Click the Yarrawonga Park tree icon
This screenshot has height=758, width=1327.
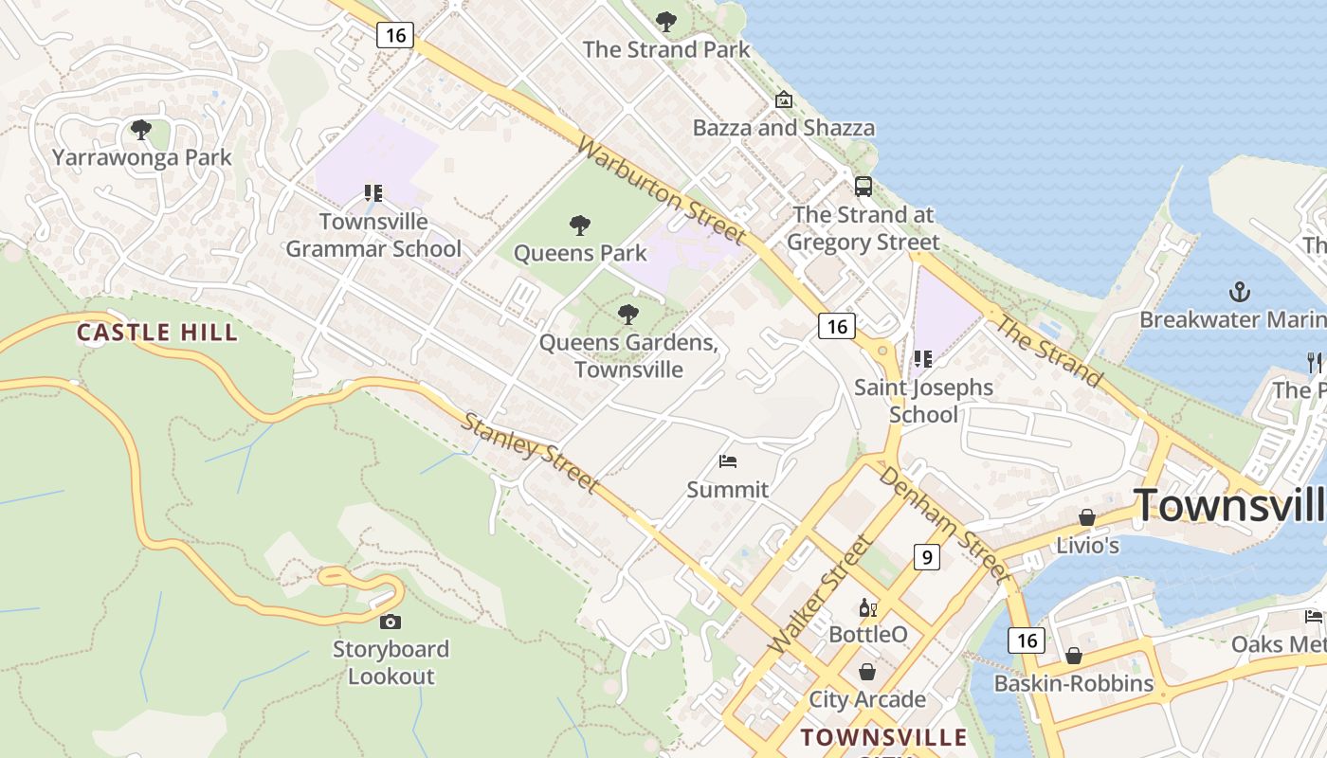[x=141, y=130]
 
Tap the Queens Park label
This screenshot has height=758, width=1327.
[x=580, y=253]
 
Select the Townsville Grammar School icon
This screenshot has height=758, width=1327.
[x=373, y=193]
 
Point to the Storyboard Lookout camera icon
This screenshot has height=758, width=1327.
[x=390, y=622]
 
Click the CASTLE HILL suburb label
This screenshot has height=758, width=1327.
[x=157, y=333]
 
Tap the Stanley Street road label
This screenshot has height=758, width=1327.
[x=530, y=453]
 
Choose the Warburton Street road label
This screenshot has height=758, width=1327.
[x=661, y=190]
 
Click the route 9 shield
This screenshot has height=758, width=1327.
[x=926, y=556]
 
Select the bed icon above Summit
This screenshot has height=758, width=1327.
[x=728, y=461]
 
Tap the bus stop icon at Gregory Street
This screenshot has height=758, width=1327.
[x=863, y=186]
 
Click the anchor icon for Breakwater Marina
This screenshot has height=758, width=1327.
[x=1239, y=291]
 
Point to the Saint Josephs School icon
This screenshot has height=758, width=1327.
[x=923, y=359]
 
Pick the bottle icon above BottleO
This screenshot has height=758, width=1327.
[x=867, y=607]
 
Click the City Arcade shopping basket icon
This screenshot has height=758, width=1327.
[x=867, y=672]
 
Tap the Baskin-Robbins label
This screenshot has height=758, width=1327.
[x=1073, y=683]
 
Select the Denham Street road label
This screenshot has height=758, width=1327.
[x=942, y=522]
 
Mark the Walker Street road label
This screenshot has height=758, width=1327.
[x=821, y=594]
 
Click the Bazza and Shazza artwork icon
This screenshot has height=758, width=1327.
[x=784, y=99]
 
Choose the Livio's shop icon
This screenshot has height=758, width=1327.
[x=1087, y=517]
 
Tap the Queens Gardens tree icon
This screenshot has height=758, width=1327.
[x=627, y=315]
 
